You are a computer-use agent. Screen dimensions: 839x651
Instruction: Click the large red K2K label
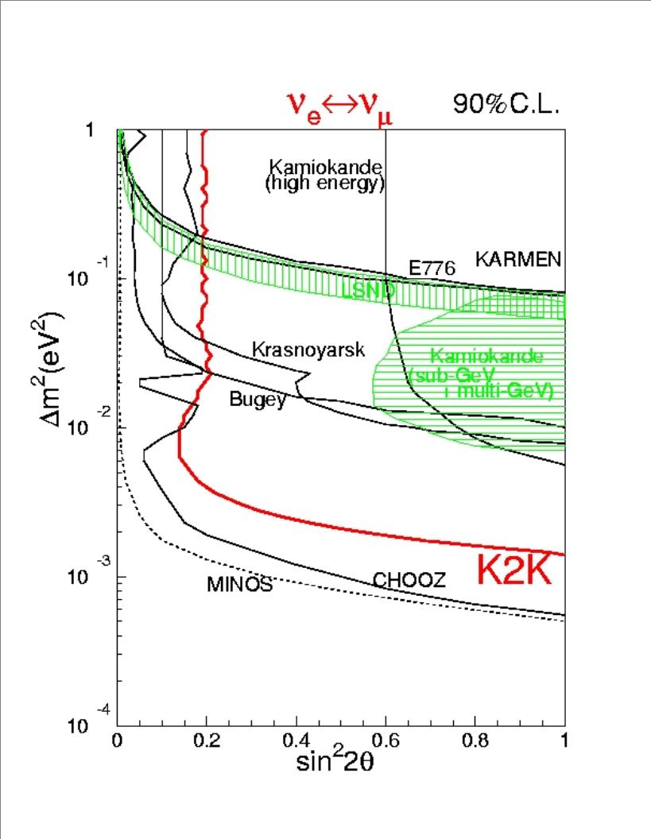[x=514, y=570]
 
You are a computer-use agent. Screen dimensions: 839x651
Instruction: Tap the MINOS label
[x=240, y=586]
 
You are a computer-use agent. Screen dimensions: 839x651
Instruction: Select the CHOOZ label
[x=409, y=581]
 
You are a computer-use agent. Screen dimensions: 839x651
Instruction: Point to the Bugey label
[x=257, y=400]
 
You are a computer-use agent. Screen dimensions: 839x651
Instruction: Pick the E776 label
[x=432, y=269]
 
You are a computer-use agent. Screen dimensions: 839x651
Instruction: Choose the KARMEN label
[x=518, y=259]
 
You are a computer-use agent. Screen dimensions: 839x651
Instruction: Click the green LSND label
[x=368, y=292]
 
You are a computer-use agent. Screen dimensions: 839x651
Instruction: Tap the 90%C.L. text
[x=506, y=104]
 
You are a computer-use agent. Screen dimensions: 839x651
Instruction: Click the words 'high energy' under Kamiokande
[x=325, y=184]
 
